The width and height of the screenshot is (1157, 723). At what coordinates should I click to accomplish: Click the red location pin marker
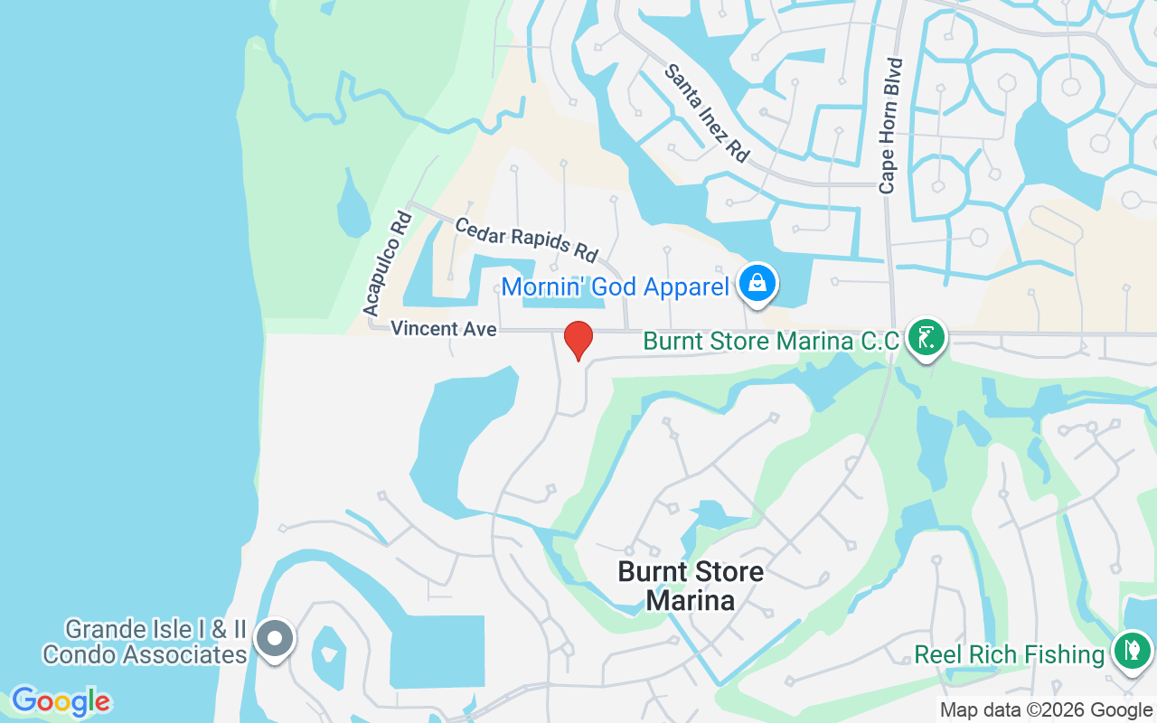[578, 340]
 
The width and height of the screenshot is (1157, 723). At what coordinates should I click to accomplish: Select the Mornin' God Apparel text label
[615, 287]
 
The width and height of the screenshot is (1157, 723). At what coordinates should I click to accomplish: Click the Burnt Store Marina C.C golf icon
[925, 338]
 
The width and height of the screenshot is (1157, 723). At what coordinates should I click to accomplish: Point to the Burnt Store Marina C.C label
[771, 342]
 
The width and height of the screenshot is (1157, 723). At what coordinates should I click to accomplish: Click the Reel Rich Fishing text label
[1010, 654]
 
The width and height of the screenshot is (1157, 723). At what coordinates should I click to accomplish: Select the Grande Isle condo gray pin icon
[275, 639]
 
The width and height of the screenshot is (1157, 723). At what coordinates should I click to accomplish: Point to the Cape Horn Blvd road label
[891, 126]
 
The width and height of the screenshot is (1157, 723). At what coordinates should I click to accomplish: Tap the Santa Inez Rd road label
[707, 113]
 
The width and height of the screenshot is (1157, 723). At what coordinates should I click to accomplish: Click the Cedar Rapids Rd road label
[526, 239]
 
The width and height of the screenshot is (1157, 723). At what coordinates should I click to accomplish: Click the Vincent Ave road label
[444, 329]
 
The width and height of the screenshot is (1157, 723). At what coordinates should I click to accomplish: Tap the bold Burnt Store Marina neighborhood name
[691, 585]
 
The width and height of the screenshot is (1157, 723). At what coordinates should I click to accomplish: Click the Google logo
[61, 701]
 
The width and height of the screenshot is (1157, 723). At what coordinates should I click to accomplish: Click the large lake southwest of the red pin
[461, 434]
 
